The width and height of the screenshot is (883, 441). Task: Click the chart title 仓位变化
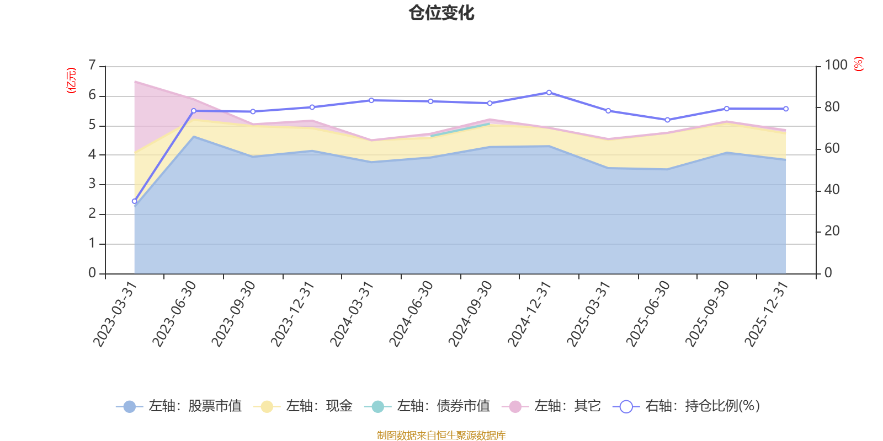[x=441, y=13]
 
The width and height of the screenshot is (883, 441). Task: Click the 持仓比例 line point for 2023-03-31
[x=134, y=201]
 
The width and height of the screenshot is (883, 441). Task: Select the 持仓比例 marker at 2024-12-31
[x=549, y=93]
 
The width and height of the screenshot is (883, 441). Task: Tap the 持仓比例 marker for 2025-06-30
[x=667, y=120]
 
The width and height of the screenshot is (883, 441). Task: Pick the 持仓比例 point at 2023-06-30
[x=194, y=111]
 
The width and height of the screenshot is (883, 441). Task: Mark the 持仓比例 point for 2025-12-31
[x=786, y=109]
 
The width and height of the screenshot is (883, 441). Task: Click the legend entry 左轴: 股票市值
[x=179, y=406]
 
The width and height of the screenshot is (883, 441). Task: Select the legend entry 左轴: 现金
[x=303, y=406]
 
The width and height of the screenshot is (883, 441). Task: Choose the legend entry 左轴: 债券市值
[x=427, y=406]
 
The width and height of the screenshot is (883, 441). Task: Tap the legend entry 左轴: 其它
[x=551, y=406]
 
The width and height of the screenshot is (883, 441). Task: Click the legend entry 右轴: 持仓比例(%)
[x=687, y=406]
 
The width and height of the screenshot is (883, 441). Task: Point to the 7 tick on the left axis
[x=92, y=66]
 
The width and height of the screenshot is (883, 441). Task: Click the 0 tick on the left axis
[x=92, y=273]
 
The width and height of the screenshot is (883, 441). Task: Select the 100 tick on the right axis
[x=836, y=65]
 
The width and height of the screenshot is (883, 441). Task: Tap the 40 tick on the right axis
[x=832, y=190]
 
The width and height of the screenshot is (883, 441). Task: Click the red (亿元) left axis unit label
[x=71, y=80]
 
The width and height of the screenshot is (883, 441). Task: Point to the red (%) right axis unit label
[x=859, y=64]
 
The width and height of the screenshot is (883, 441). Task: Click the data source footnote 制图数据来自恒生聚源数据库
[x=441, y=435]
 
